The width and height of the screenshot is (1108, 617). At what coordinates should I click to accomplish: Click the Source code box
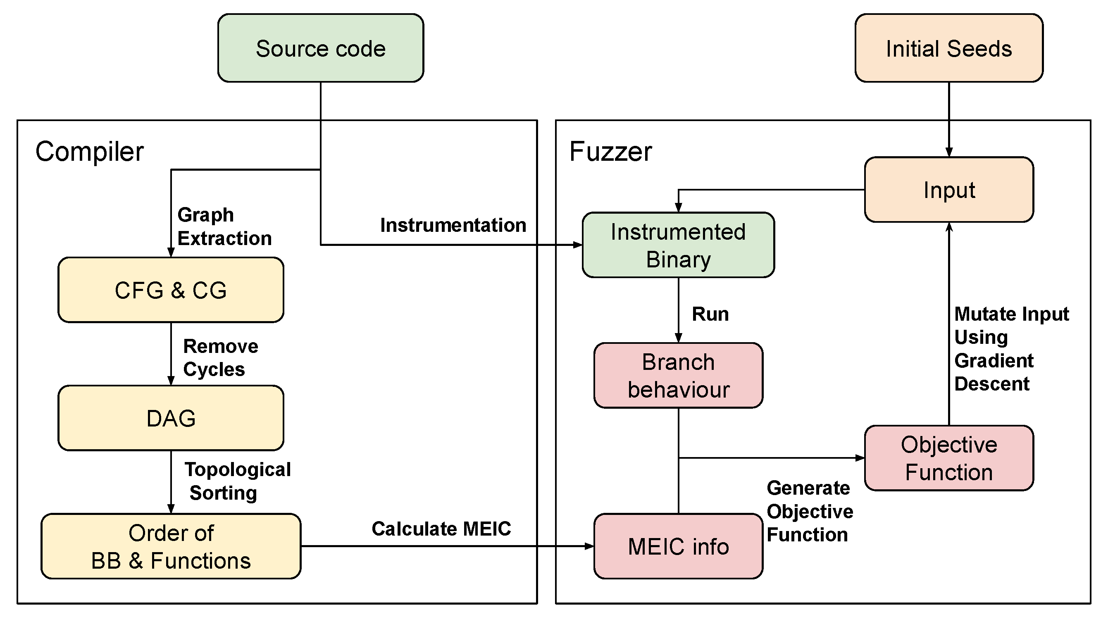point(320,48)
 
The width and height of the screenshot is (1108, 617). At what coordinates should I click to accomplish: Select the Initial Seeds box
point(948,48)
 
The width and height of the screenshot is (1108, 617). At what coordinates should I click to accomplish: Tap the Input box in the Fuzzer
point(948,190)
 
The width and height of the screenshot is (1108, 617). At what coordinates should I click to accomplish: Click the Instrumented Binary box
point(678,245)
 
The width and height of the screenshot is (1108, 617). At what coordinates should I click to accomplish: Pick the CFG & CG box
point(171,290)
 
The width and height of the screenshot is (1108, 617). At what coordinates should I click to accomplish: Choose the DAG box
point(171,418)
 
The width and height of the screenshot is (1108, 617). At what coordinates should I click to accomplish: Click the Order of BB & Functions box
point(171,546)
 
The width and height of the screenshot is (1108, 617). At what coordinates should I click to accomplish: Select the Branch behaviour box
point(678,375)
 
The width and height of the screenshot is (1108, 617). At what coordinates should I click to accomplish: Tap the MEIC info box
point(678,546)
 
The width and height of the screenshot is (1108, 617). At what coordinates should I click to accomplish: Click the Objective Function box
point(948,458)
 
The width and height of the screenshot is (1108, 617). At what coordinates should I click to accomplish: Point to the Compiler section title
point(89,151)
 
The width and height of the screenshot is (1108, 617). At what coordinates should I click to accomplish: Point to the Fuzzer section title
point(610,151)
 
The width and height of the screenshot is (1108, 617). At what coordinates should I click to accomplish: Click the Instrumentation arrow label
point(453,225)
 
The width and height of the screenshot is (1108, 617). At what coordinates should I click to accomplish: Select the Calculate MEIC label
point(441,529)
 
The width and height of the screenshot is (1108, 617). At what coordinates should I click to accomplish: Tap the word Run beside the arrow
point(710,314)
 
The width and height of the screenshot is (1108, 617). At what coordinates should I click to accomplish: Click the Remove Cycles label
point(220,357)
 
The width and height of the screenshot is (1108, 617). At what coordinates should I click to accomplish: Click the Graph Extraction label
point(224,226)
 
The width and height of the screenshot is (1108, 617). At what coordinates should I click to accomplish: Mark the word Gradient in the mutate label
point(994,360)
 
